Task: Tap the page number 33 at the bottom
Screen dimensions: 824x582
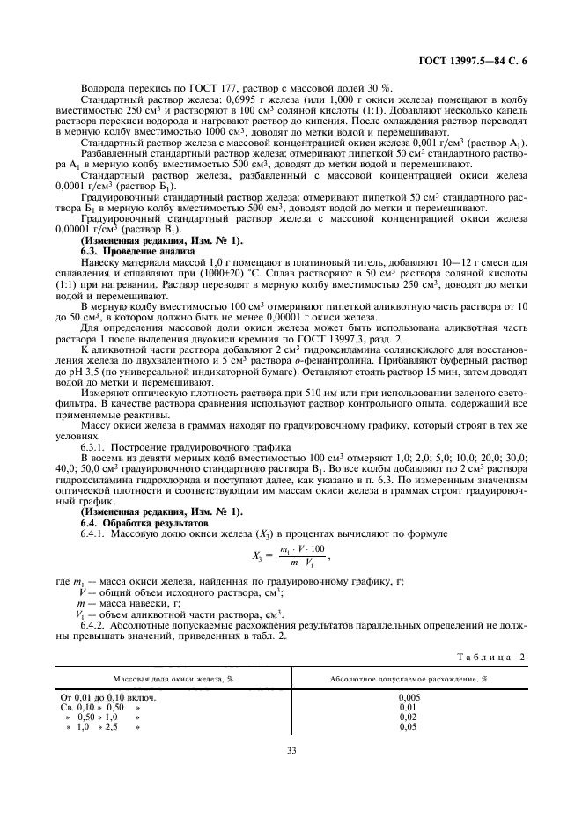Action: [291, 750]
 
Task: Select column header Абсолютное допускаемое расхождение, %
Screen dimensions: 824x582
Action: [409, 679]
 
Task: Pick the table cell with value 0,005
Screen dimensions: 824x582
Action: [408, 696]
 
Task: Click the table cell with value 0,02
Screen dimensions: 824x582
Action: [408, 716]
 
